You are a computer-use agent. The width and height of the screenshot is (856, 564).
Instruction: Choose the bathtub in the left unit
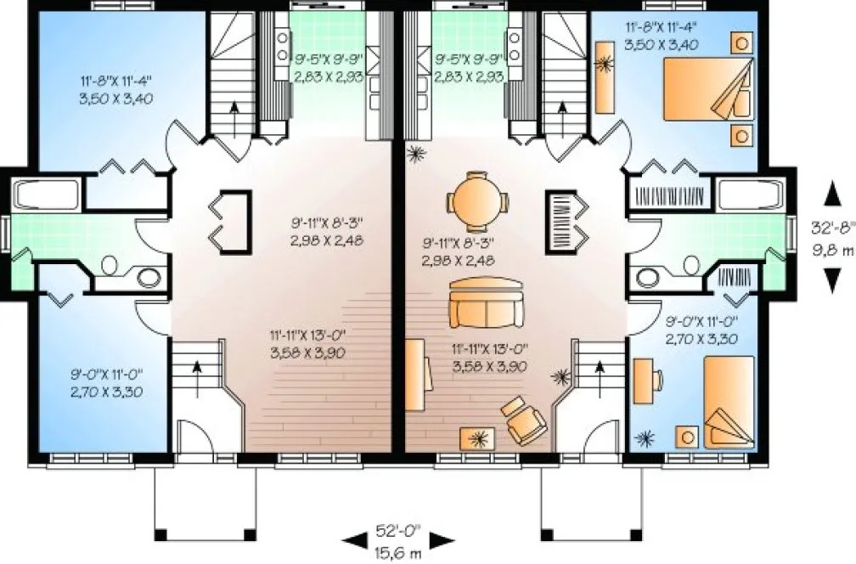[48, 196]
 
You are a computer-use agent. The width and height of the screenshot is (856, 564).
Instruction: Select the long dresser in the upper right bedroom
[605, 76]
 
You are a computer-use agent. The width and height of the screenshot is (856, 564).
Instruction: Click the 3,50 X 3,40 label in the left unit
[117, 99]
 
